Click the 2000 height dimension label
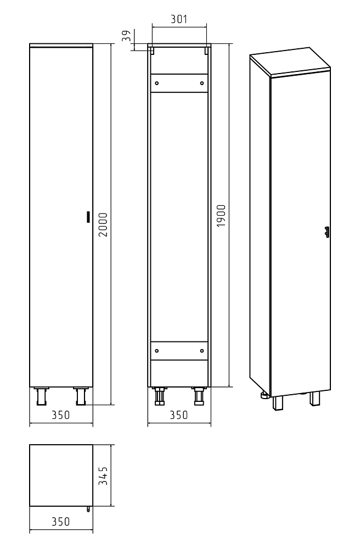coord(103,225)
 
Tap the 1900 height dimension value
coord(221,216)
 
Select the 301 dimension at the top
coord(179,19)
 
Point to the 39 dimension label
coord(126,36)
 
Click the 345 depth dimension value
coord(103,475)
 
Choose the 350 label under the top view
coord(61,522)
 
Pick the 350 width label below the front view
coord(61,415)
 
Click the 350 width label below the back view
coord(179,415)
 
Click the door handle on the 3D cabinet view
coord(327,232)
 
